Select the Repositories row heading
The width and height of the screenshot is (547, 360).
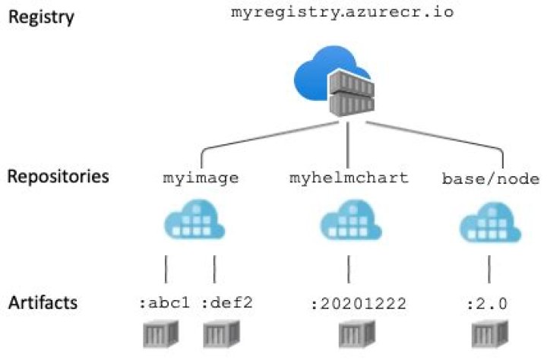(x=58, y=177)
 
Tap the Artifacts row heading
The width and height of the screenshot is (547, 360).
(x=43, y=302)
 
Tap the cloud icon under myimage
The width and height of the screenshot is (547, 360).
(x=191, y=222)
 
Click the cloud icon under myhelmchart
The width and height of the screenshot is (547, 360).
(x=348, y=222)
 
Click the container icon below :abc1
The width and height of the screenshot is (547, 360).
(x=160, y=335)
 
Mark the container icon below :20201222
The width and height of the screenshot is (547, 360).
(x=352, y=335)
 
